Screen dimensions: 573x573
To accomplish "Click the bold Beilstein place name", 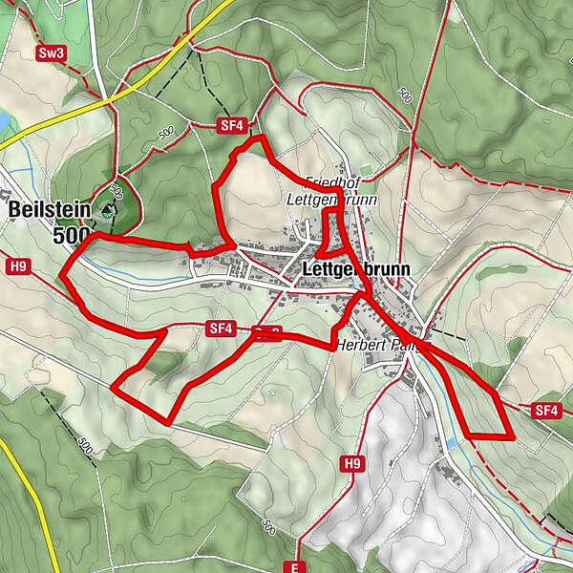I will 49,210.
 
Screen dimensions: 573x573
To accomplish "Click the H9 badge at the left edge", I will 16,266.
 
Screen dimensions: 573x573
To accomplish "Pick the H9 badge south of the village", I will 352,463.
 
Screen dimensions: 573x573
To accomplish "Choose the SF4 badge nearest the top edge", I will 230,125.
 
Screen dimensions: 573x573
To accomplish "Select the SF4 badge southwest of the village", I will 220,329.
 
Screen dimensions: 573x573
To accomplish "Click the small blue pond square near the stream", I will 451,443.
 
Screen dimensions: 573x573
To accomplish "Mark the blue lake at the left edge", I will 5,121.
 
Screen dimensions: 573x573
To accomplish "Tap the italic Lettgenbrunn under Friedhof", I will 332,201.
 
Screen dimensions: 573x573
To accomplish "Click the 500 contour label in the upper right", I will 404,96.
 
